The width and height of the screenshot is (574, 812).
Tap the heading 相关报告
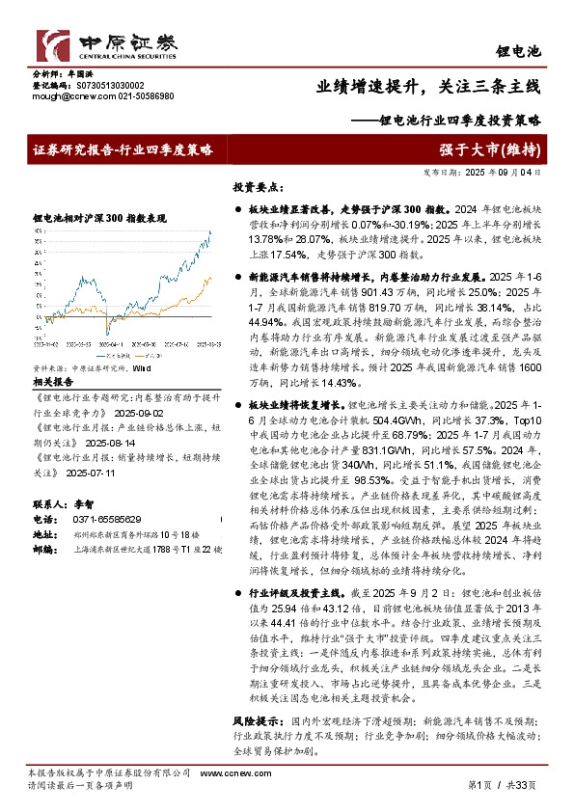click(x=50, y=381)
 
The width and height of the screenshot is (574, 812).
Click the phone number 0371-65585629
click(x=99, y=518)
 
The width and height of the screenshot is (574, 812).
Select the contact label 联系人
click(x=49, y=504)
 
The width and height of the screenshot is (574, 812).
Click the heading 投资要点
click(x=256, y=187)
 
